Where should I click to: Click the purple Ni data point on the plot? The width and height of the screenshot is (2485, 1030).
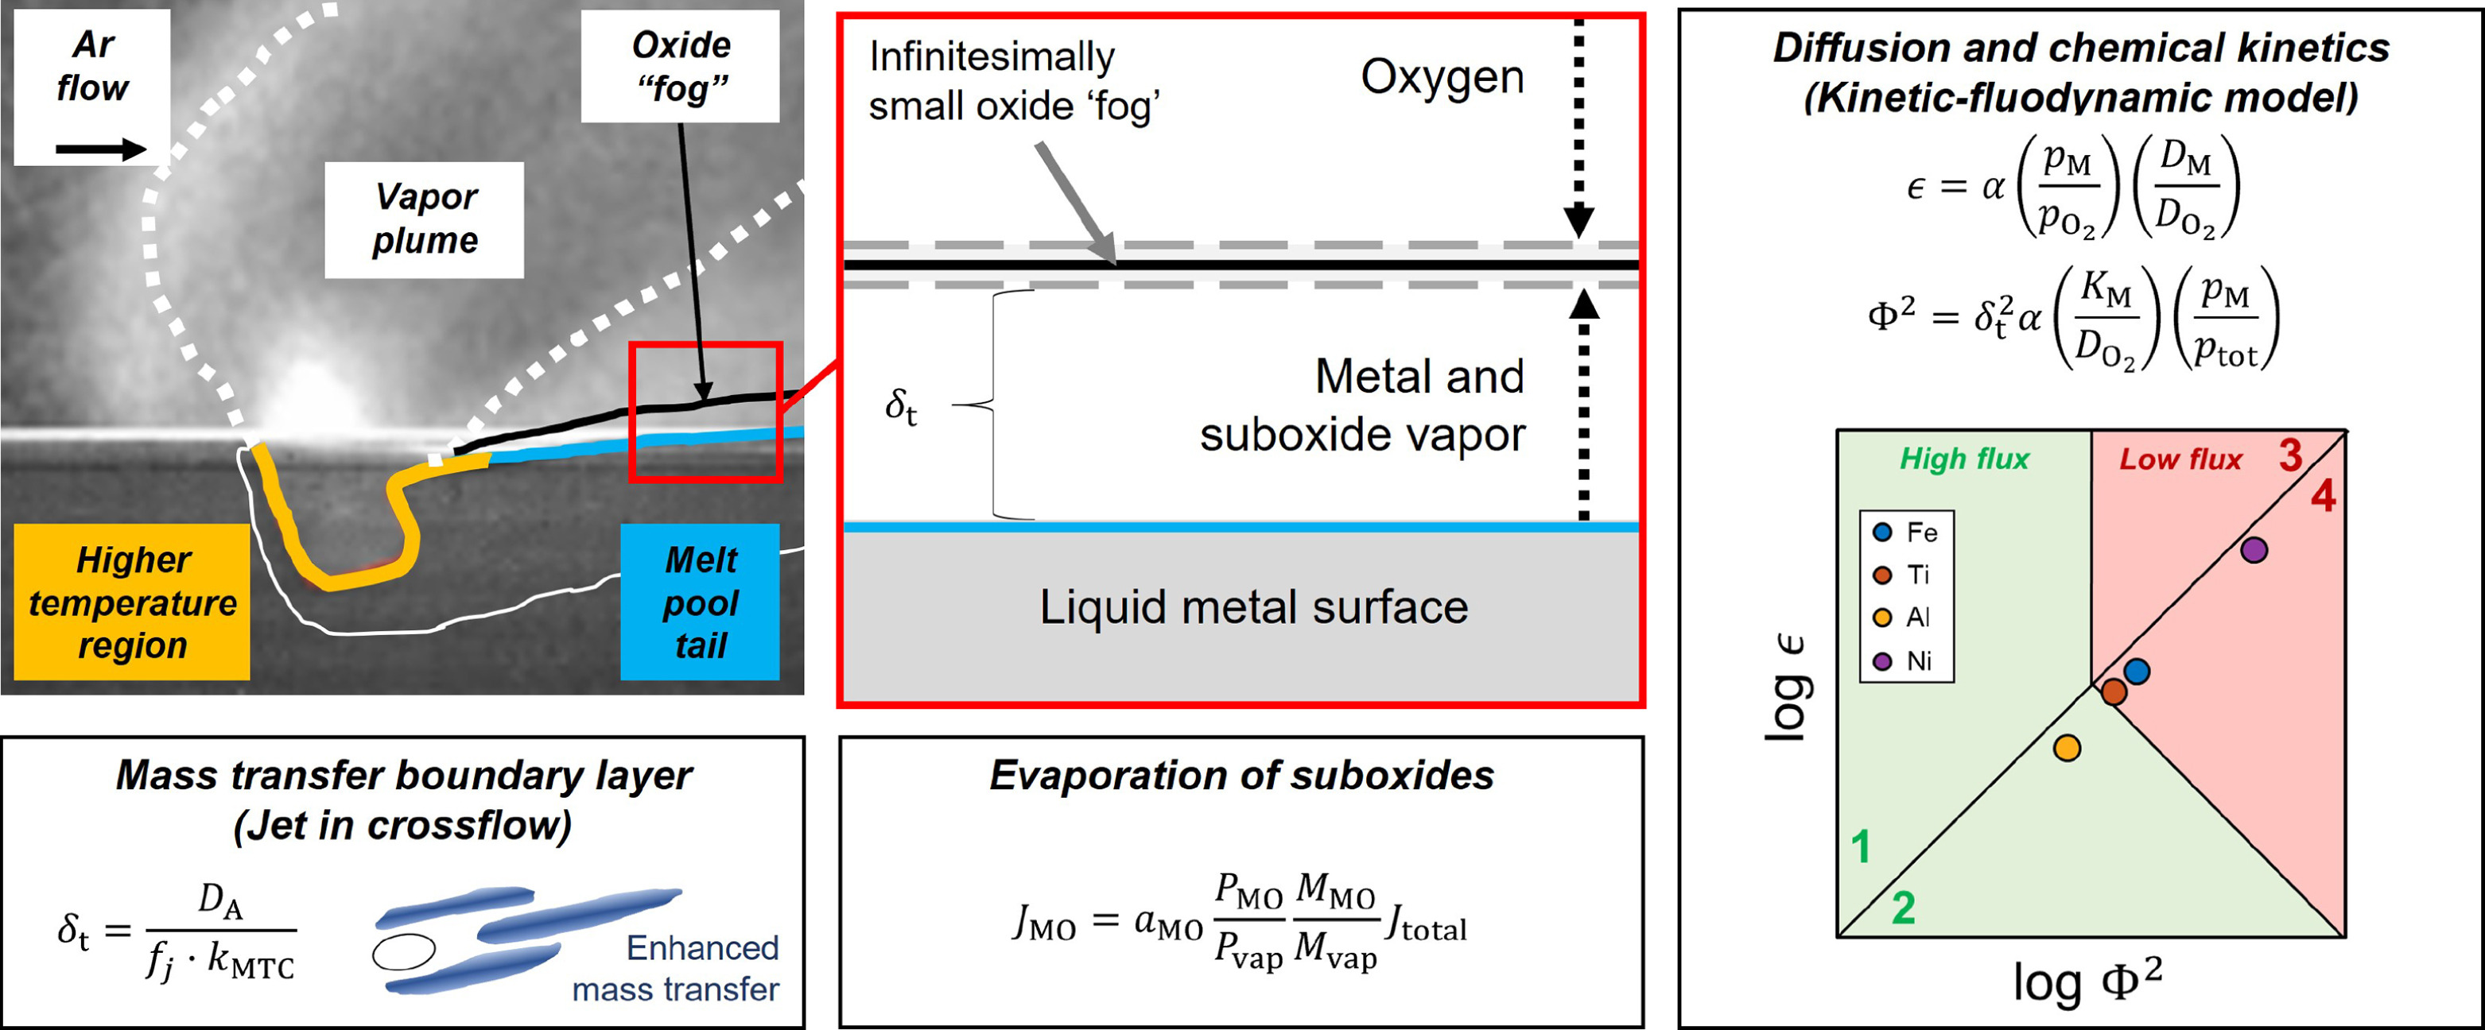pyautogui.click(x=2254, y=551)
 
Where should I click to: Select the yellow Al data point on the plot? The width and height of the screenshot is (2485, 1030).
pyautogui.click(x=2067, y=747)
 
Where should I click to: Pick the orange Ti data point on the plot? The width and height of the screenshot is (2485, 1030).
pyautogui.click(x=2114, y=691)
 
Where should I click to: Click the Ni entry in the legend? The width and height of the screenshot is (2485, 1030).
pyautogui.click(x=1906, y=660)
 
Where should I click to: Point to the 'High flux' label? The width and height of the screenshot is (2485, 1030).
pyautogui.click(x=1964, y=459)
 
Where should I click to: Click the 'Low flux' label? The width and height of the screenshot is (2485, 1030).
pyautogui.click(x=2180, y=459)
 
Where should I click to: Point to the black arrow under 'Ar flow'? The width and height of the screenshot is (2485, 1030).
pyautogui.click(x=100, y=149)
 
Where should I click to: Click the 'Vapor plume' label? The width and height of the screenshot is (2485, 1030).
pyautogui.click(x=425, y=219)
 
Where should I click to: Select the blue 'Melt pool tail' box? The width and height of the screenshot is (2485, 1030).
pyautogui.click(x=701, y=602)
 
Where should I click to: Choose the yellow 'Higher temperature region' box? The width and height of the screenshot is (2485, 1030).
pyautogui.click(x=132, y=602)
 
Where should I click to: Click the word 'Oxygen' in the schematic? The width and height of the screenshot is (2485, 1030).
pyautogui.click(x=1441, y=77)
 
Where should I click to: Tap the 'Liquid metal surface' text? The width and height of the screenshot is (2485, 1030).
pyautogui.click(x=1253, y=607)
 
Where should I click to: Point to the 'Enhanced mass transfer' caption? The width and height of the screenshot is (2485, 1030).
pyautogui.click(x=676, y=968)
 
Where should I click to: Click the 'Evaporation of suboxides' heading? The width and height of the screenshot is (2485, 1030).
pyautogui.click(x=1241, y=776)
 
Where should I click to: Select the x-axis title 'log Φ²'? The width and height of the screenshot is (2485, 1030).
pyautogui.click(x=2087, y=982)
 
